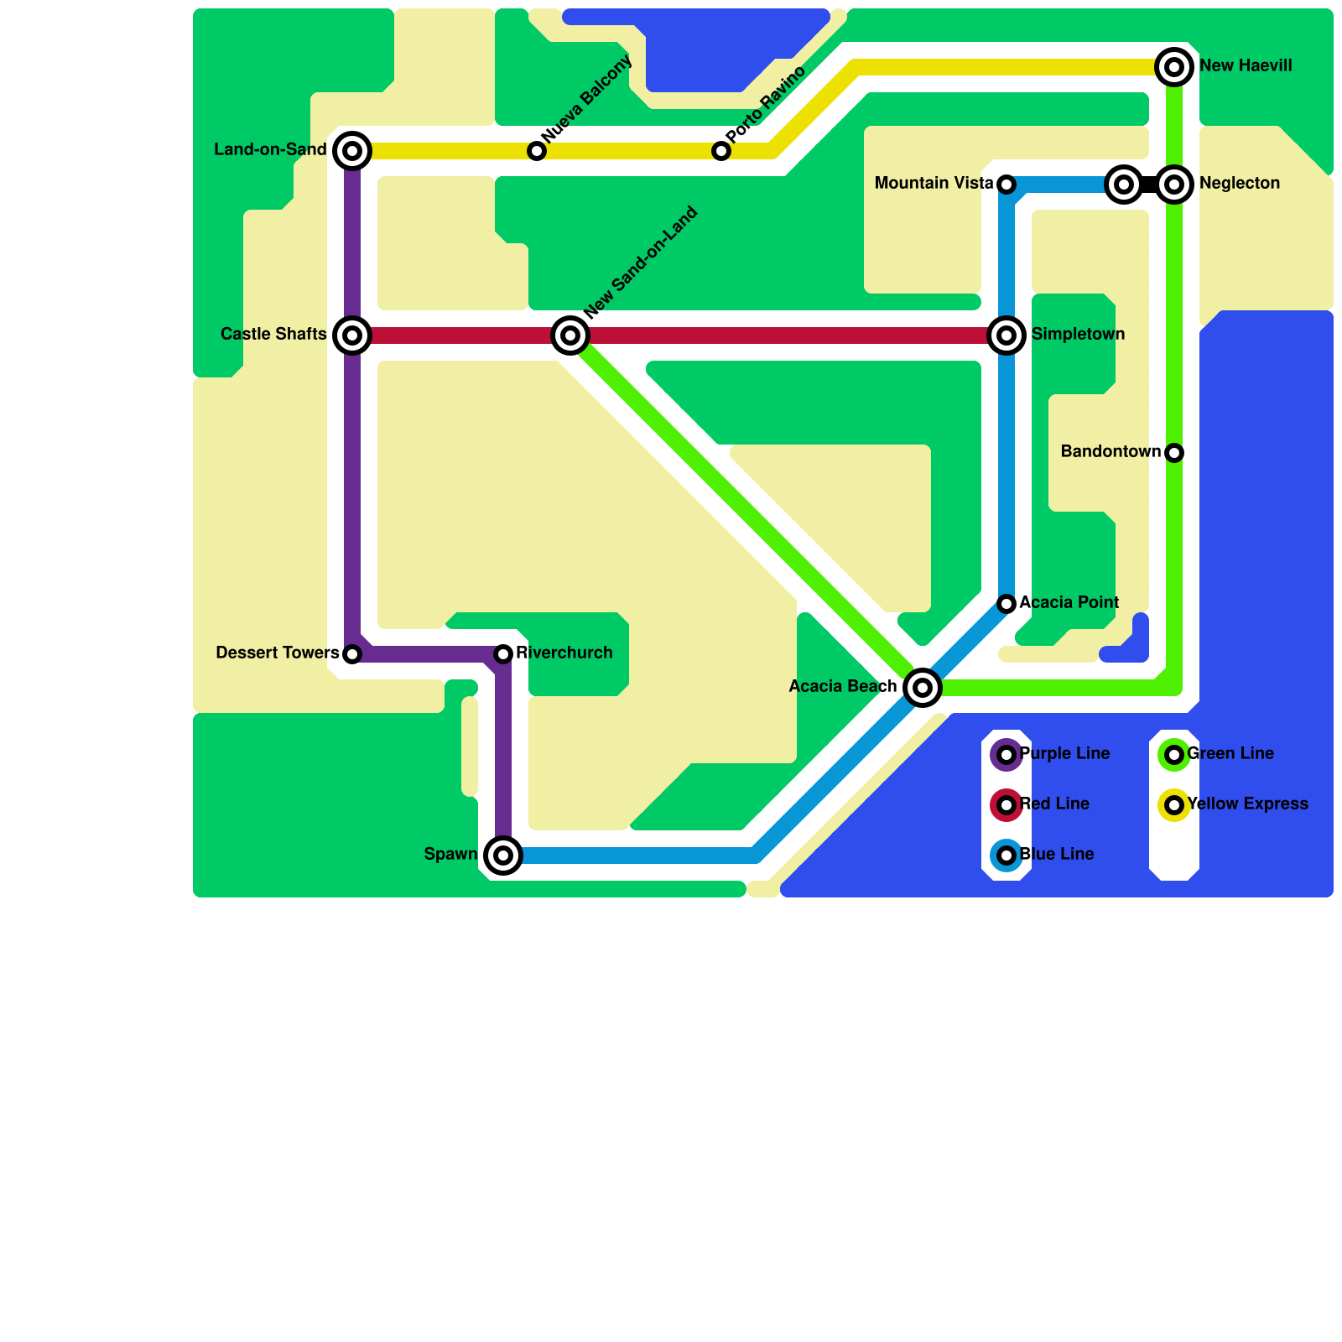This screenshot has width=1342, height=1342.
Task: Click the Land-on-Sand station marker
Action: pyautogui.click(x=352, y=151)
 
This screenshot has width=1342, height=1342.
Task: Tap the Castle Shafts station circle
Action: pyautogui.click(x=352, y=335)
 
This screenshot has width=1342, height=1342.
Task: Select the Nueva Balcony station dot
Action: pyautogui.click(x=537, y=151)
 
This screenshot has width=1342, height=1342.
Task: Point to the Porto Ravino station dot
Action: pyautogui.click(x=721, y=151)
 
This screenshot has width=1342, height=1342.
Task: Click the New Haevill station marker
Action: pyautogui.click(x=1174, y=67)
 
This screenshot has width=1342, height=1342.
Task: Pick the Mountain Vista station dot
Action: pyautogui.click(x=1006, y=185)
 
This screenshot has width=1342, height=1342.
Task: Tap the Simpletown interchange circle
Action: pyautogui.click(x=1006, y=335)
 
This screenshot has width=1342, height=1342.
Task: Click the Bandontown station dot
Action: pyautogui.click(x=1174, y=453)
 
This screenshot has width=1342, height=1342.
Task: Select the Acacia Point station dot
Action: pyautogui.click(x=1006, y=604)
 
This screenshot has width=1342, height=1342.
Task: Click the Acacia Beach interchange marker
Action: pyautogui.click(x=923, y=688)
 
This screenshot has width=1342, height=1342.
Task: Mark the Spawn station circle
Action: pyautogui.click(x=503, y=856)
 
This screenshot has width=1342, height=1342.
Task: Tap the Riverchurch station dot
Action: pyautogui.click(x=503, y=654)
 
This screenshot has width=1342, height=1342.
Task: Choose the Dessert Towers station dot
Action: pyautogui.click(x=352, y=654)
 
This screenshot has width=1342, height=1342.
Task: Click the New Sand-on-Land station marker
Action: pyautogui.click(x=570, y=335)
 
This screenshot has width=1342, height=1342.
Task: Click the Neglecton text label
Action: pyautogui.click(x=1239, y=184)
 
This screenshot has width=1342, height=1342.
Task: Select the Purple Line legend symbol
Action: pyautogui.click(x=1006, y=755)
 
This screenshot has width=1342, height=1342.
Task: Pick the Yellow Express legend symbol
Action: pyautogui.click(x=1174, y=805)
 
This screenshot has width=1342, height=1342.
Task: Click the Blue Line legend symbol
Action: pyautogui.click(x=1006, y=856)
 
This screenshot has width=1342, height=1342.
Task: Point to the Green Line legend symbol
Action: pyautogui.click(x=1174, y=755)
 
